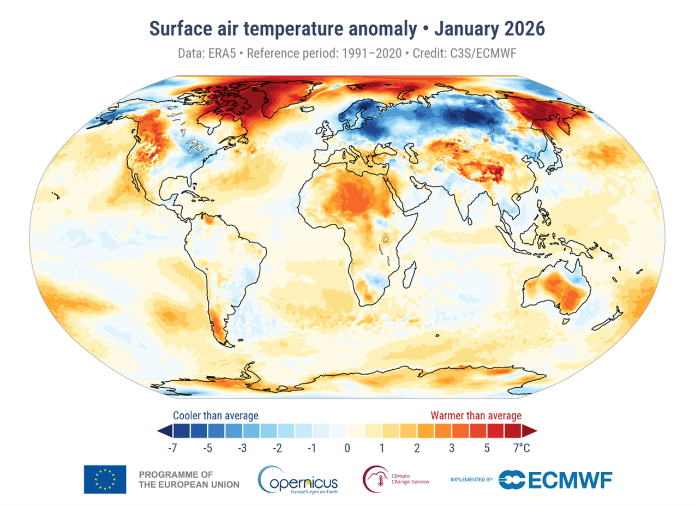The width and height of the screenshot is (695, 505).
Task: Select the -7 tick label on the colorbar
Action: tap(173, 449)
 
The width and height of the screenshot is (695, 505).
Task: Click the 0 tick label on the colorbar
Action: tap(347, 449)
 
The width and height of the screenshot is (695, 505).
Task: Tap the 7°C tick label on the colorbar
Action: tap(522, 449)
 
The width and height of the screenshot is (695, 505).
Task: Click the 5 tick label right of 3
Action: tap(487, 449)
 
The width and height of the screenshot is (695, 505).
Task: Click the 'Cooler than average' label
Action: tap(215, 416)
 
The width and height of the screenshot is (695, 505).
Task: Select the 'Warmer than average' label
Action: tap(476, 416)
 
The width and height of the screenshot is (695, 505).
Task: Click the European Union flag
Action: tap(105, 479)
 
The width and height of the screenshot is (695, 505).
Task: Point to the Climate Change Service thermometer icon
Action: tap(374, 478)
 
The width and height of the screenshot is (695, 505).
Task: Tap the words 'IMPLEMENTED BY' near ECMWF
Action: tap(471, 480)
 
